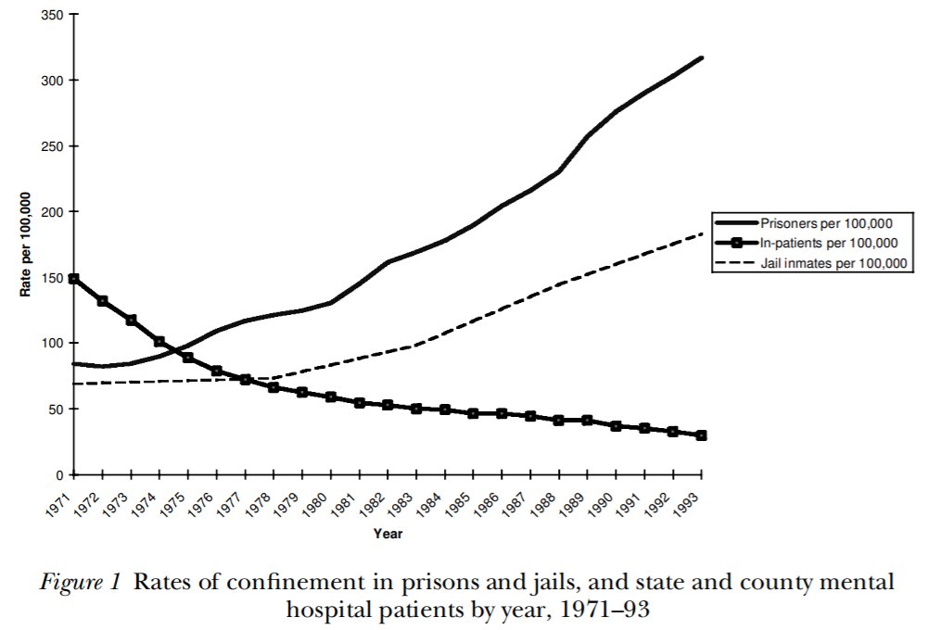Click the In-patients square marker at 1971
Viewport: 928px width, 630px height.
tap(74, 279)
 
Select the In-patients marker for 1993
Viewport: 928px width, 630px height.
tap(702, 435)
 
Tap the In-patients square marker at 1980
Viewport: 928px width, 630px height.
tap(331, 397)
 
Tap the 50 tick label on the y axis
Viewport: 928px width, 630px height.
tap(57, 409)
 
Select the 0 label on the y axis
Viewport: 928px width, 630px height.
tap(61, 475)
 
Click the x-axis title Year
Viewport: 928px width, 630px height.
tap(388, 535)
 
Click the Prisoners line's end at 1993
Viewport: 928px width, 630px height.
tap(702, 57)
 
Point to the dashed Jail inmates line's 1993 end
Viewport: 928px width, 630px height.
tap(702, 234)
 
